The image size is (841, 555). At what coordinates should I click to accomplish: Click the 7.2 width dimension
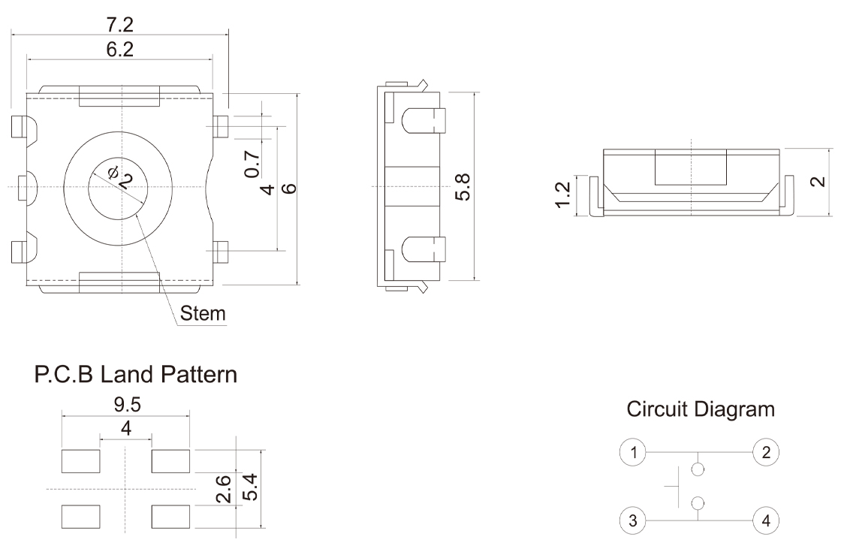pos(119,24)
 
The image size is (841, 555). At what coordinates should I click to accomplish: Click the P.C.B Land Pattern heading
pos(136,375)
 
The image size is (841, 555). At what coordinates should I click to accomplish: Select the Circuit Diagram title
pos(700,409)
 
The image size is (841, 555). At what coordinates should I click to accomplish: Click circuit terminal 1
pos(635,452)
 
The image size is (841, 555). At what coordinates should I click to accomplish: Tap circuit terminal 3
pos(635,520)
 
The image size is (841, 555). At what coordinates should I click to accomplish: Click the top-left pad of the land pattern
pos(81,461)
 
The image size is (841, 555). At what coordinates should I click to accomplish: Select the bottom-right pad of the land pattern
pos(170,517)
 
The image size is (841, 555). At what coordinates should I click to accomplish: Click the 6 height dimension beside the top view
pos(290,188)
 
